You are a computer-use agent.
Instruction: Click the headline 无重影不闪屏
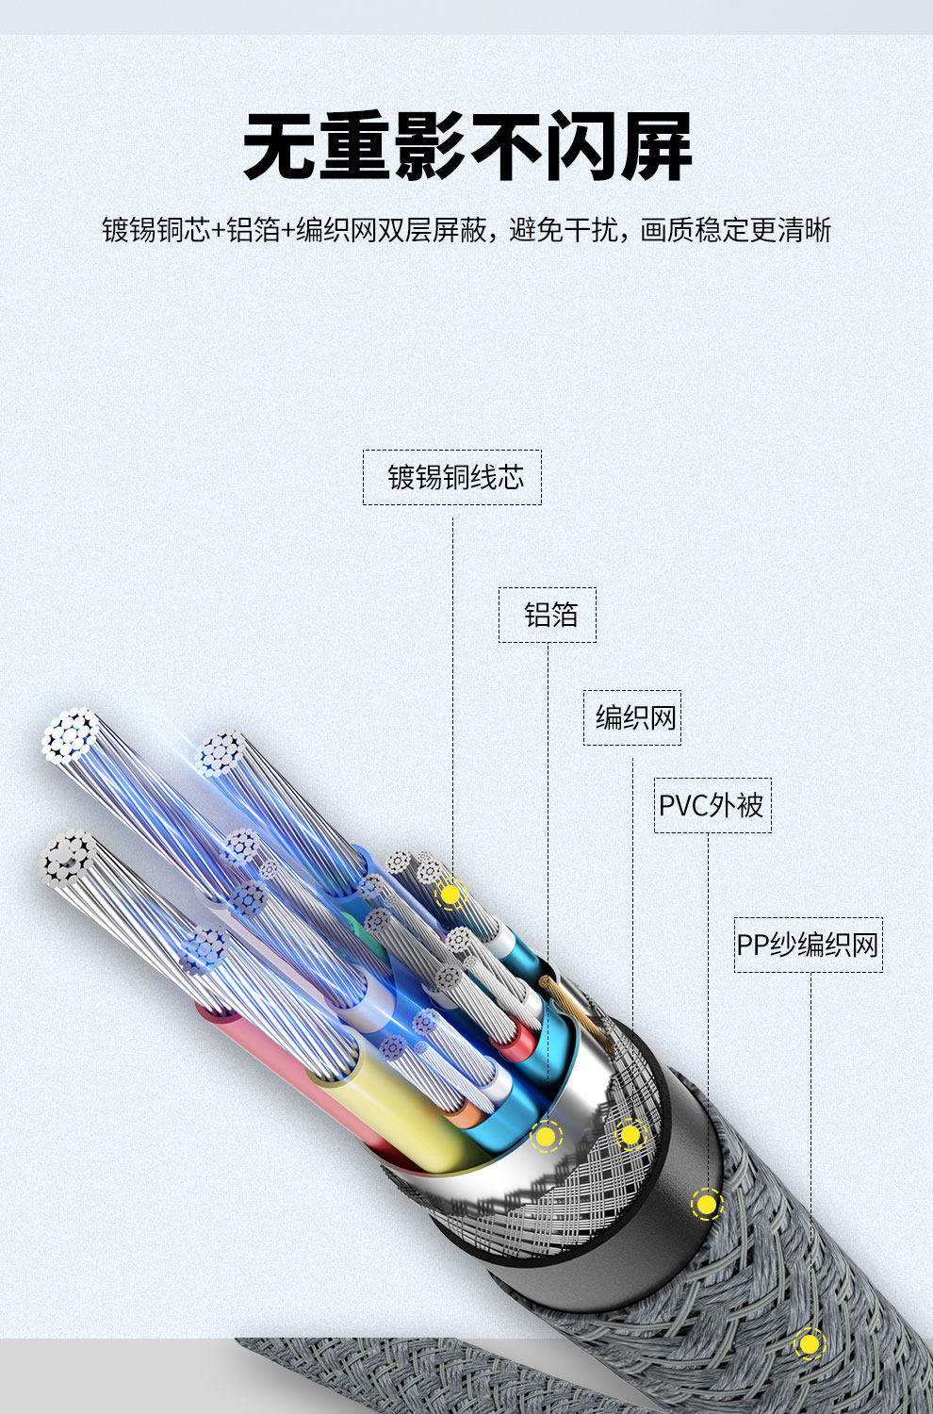tap(467, 147)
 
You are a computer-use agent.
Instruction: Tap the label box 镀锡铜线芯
tap(452, 477)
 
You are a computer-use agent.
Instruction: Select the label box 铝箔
tap(548, 616)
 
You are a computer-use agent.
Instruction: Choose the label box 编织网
tap(632, 718)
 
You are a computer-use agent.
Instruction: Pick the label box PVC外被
tap(712, 805)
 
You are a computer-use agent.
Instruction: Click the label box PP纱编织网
tap(808, 945)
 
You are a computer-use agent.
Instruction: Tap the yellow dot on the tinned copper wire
tap(450, 894)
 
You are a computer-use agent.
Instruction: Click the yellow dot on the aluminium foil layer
tap(545, 1137)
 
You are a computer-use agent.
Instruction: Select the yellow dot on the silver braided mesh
tap(630, 1135)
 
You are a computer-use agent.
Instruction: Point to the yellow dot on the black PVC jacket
tap(706, 1204)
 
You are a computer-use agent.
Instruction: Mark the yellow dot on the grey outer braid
tap(808, 1343)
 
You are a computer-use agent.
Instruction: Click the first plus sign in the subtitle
tap(219, 230)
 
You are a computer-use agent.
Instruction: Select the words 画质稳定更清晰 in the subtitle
tap(736, 230)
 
